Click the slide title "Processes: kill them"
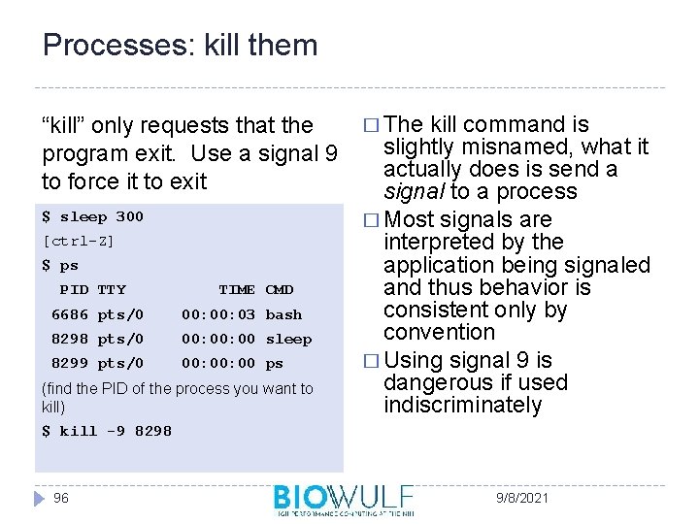pyautogui.click(x=181, y=46)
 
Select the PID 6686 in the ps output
pyautogui.click(x=69, y=314)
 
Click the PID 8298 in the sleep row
pyautogui.click(x=69, y=339)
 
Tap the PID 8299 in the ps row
pyautogui.click(x=69, y=363)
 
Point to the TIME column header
pyautogui.click(x=236, y=289)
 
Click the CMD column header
pyautogui.click(x=280, y=289)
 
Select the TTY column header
pyautogui.click(x=112, y=289)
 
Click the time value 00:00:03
pyautogui.click(x=218, y=314)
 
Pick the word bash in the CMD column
pyautogui.click(x=283, y=314)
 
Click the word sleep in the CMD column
pyautogui.click(x=288, y=339)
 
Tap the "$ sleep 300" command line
pyautogui.click(x=92, y=216)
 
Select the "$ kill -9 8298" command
pyautogui.click(x=107, y=431)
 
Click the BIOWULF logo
pyautogui.click(x=344, y=499)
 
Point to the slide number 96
pyautogui.click(x=61, y=498)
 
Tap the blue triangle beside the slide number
pyautogui.click(x=39, y=498)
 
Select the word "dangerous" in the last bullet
pyautogui.click(x=432, y=383)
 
